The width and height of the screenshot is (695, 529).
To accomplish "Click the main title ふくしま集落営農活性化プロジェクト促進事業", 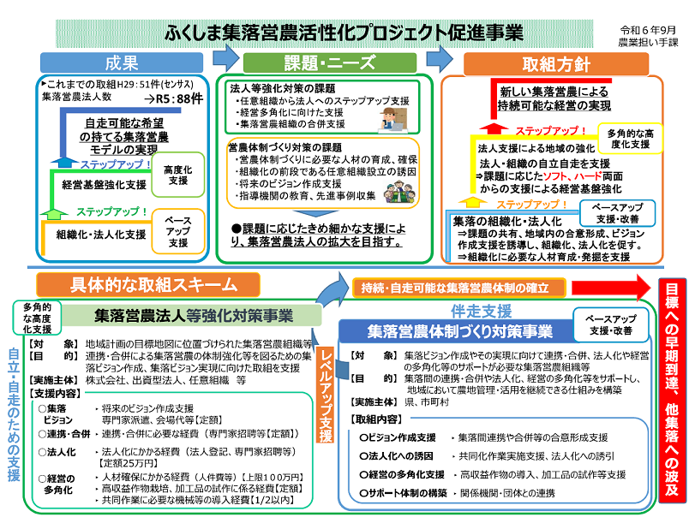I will click(x=344, y=33).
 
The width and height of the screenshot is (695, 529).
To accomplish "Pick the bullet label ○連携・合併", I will click(x=62, y=433).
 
